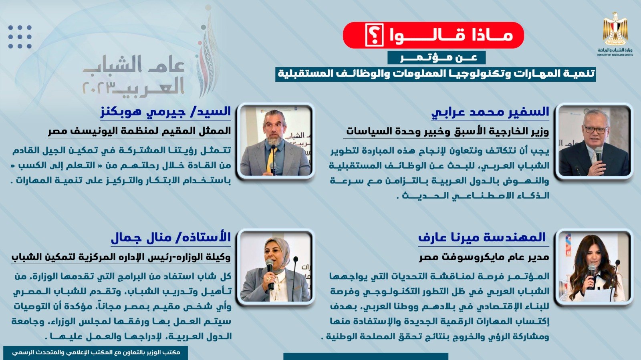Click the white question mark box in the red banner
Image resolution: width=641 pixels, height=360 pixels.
click(x=374, y=35)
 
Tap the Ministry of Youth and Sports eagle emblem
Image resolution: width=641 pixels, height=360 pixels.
click(x=615, y=28)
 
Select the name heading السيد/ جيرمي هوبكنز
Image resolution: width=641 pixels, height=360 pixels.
click(x=166, y=112)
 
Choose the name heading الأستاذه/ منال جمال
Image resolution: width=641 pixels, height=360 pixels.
click(x=171, y=238)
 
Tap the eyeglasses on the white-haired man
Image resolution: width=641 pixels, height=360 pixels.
click(x=596, y=130)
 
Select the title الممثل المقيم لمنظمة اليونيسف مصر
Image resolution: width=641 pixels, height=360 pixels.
click(x=139, y=131)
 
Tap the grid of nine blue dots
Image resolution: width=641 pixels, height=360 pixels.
click(x=20, y=37)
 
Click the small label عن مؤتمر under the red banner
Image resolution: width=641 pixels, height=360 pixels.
click(x=436, y=58)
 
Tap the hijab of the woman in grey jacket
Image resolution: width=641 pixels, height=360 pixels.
click(x=276, y=252)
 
